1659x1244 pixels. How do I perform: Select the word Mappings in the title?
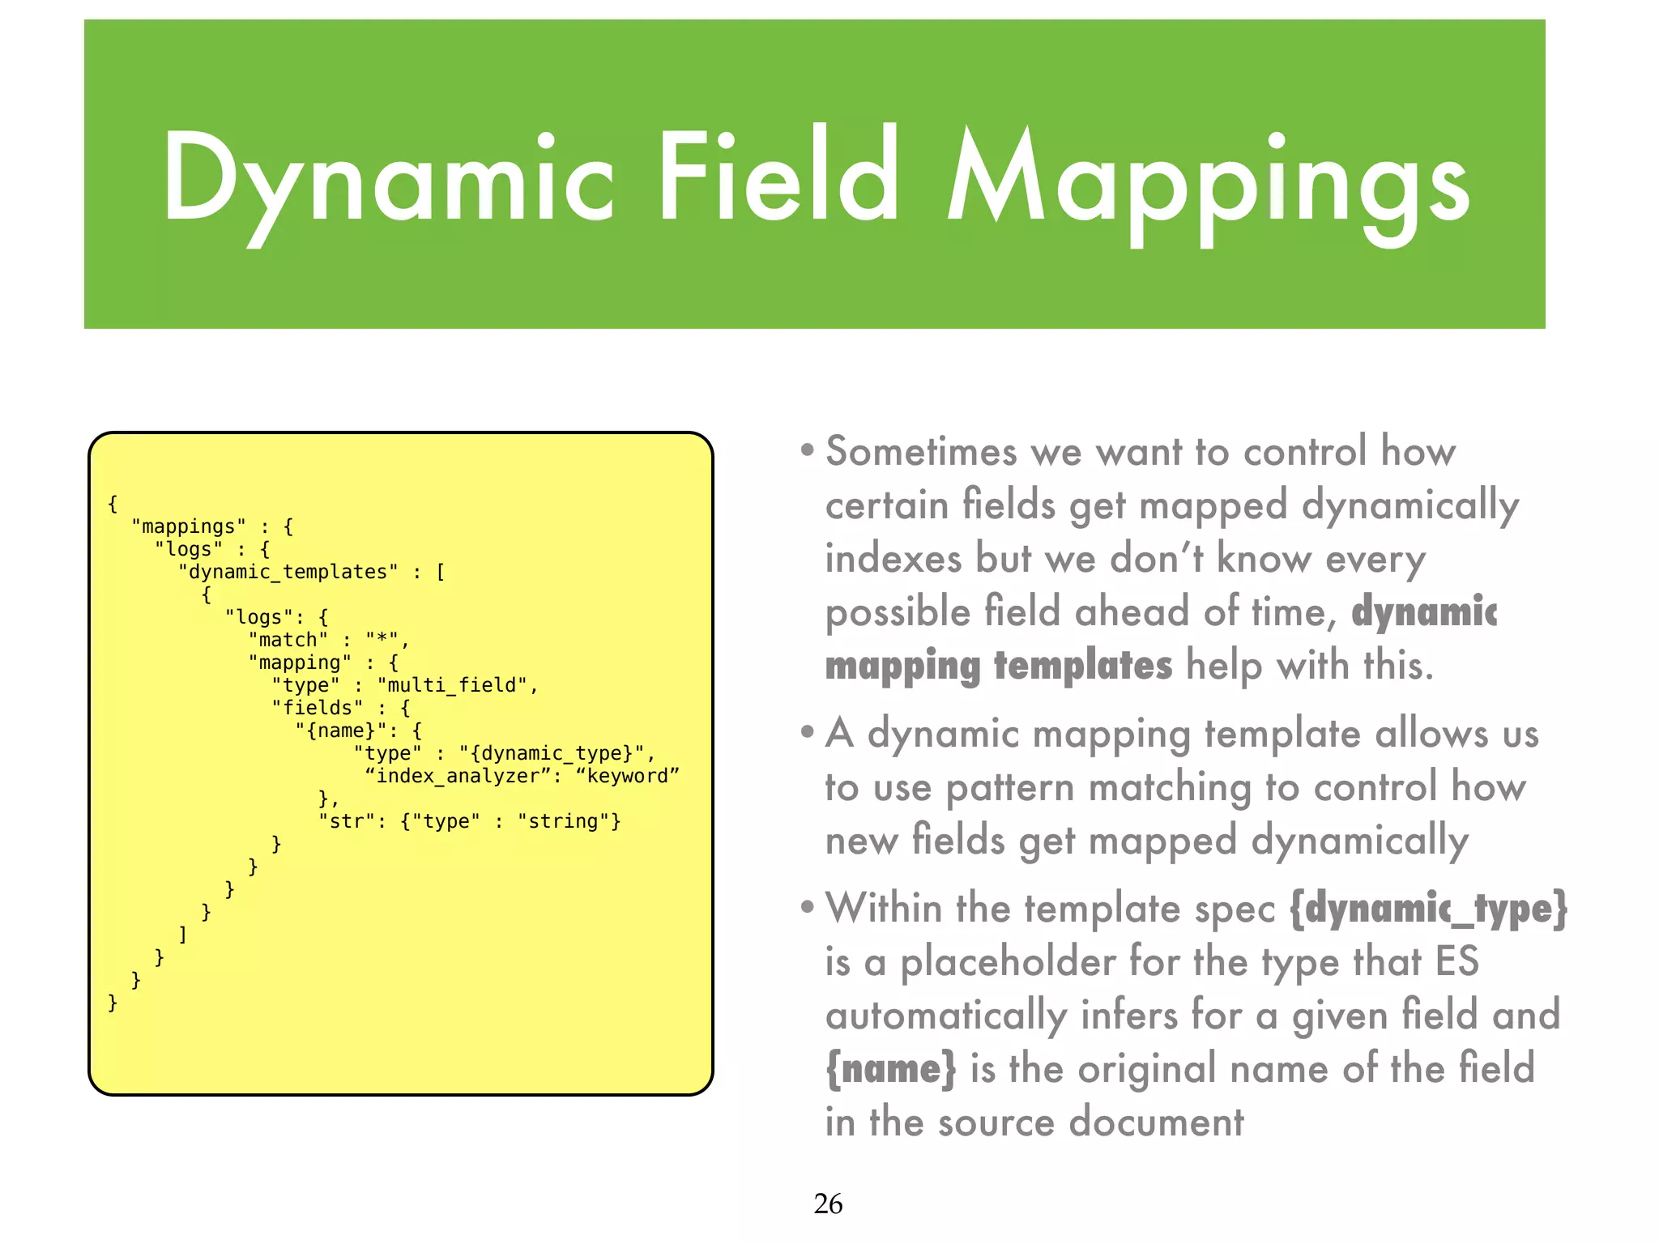(x=1208, y=181)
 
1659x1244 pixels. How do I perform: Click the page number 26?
(x=828, y=1204)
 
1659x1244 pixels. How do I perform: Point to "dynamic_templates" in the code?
(x=288, y=572)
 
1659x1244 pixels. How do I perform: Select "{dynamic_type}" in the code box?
(x=551, y=753)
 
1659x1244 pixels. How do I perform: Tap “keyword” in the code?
(x=627, y=776)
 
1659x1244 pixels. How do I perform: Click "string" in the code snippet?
(x=564, y=821)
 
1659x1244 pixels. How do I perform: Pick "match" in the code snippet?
(x=288, y=640)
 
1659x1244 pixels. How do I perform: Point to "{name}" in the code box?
(x=341, y=731)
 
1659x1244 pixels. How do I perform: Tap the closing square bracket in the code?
(x=183, y=935)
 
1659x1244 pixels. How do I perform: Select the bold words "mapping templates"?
(x=998, y=666)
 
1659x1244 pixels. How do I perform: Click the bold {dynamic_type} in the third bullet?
(x=1428, y=909)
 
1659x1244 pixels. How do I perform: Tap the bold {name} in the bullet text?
(x=890, y=1069)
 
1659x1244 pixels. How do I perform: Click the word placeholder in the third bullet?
(x=1008, y=962)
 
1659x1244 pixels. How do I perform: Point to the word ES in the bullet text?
(x=1456, y=962)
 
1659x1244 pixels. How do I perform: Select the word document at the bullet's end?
(x=1156, y=1123)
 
